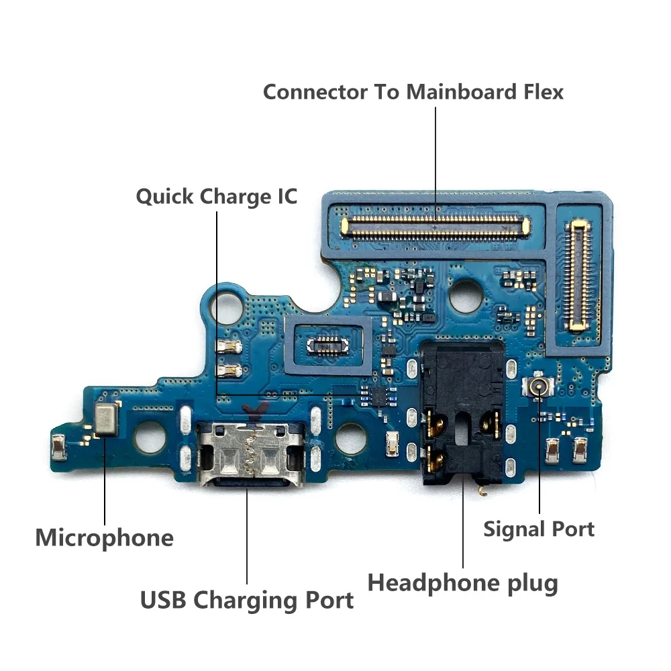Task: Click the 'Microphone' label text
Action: coord(104,538)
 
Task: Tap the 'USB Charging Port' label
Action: coord(246,600)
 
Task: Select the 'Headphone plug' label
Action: coord(462,582)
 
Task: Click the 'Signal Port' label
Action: coord(539,529)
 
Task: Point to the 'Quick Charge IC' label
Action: coord(216,197)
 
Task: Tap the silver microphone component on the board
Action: coord(105,420)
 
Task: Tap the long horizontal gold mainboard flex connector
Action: coord(435,226)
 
